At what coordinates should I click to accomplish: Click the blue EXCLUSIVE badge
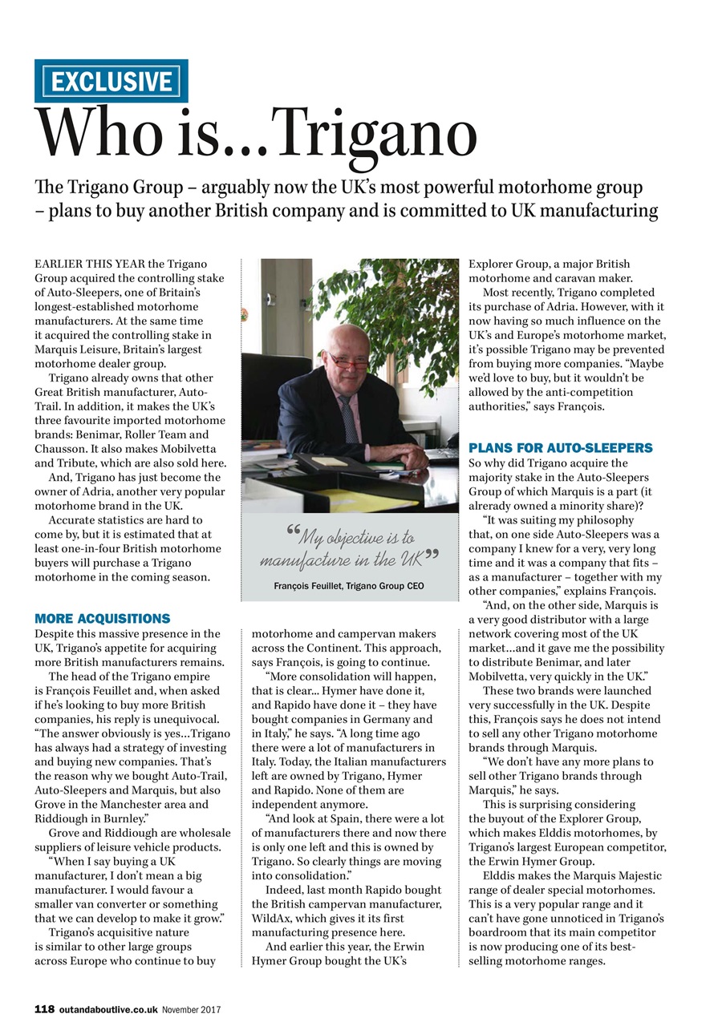coord(111,81)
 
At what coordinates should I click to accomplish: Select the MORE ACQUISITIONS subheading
coord(103,619)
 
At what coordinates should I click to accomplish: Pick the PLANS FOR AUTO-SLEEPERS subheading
coord(561,447)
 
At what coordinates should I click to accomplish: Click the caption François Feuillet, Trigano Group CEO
coord(349,587)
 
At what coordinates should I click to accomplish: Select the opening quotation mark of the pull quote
coord(294,533)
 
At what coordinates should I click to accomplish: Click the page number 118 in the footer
coord(44,1009)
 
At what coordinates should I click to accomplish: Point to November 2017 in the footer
coord(192,1009)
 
